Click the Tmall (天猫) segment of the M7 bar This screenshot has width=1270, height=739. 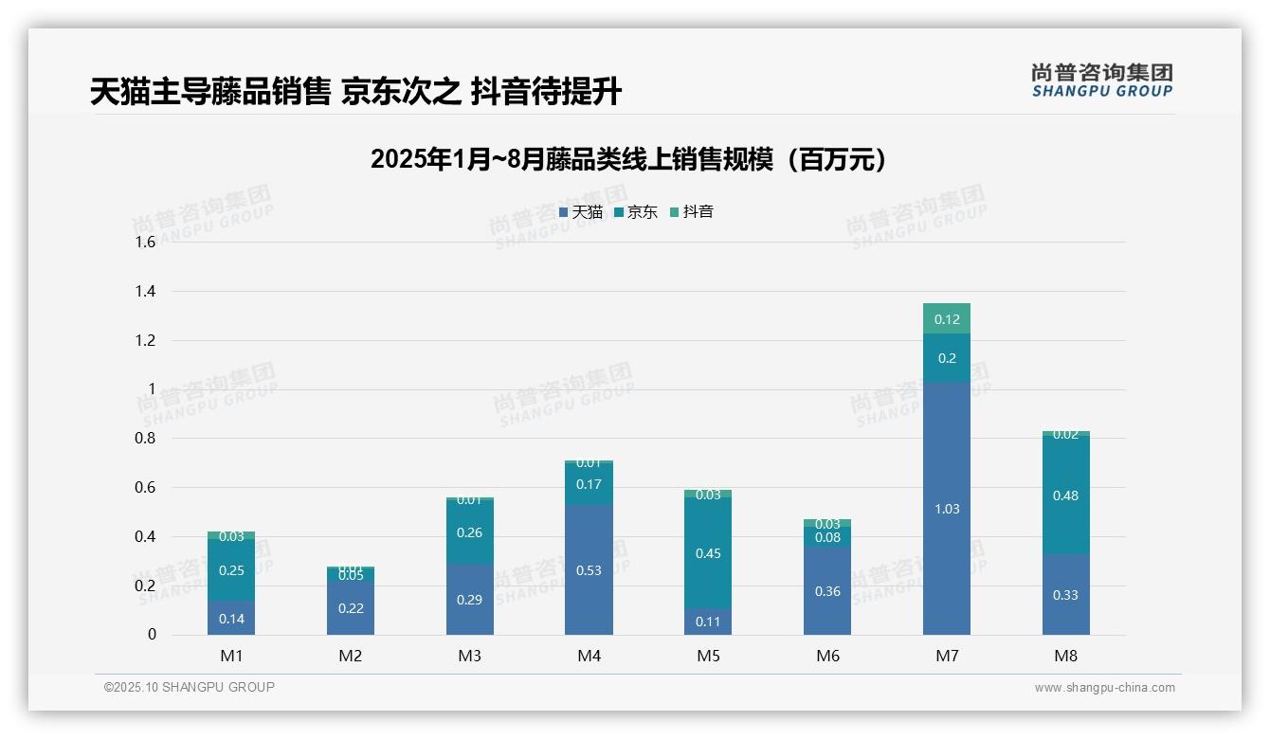click(x=946, y=509)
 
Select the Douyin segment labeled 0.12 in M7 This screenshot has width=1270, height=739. click(x=946, y=318)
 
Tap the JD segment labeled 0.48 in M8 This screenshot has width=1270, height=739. click(x=1065, y=495)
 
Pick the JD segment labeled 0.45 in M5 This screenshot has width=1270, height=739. click(x=708, y=553)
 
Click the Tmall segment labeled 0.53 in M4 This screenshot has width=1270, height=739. click(x=589, y=569)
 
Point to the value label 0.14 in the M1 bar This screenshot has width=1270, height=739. click(x=231, y=619)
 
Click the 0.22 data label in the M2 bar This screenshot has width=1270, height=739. click(x=351, y=608)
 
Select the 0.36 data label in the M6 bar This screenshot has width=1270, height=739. click(x=827, y=591)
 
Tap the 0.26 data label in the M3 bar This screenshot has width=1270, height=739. click(x=470, y=532)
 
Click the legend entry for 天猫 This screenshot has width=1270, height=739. click(x=581, y=212)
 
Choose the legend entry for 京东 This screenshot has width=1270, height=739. click(x=636, y=212)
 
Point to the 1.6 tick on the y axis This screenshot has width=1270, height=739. click(x=145, y=243)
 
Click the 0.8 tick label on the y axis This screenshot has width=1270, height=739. click(x=145, y=439)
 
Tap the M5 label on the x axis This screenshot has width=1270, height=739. click(x=708, y=656)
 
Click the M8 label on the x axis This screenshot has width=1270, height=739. click(x=1065, y=656)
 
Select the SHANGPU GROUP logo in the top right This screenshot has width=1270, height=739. click(x=1101, y=81)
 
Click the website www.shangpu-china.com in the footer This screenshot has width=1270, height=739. click(x=1104, y=688)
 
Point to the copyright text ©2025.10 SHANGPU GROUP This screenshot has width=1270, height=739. click(x=190, y=687)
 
